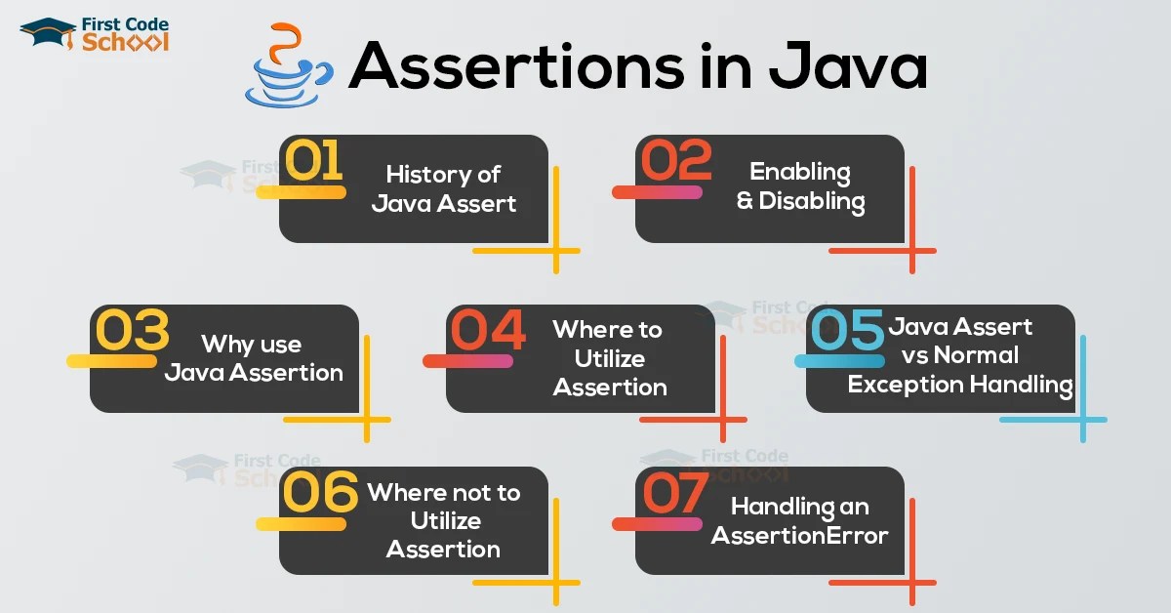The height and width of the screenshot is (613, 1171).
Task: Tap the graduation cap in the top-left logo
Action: (48, 32)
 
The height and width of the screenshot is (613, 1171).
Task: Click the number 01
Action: (313, 161)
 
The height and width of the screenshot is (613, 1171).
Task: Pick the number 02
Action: (673, 161)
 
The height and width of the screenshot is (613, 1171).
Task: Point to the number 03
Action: (131, 331)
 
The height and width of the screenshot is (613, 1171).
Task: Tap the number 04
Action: (487, 331)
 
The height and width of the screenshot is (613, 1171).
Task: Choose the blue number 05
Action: (846, 331)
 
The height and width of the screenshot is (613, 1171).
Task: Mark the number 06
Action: (319, 493)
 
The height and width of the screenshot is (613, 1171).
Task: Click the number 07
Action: (673, 493)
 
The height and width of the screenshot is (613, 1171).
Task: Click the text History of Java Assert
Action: (443, 188)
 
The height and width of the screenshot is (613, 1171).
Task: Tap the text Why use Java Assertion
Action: (253, 358)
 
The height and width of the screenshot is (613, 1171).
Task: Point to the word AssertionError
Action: (799, 535)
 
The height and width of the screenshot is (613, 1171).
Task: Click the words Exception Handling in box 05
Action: (960, 385)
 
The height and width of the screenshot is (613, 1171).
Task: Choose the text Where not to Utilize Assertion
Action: (443, 520)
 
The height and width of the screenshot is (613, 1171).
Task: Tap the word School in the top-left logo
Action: (126, 41)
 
